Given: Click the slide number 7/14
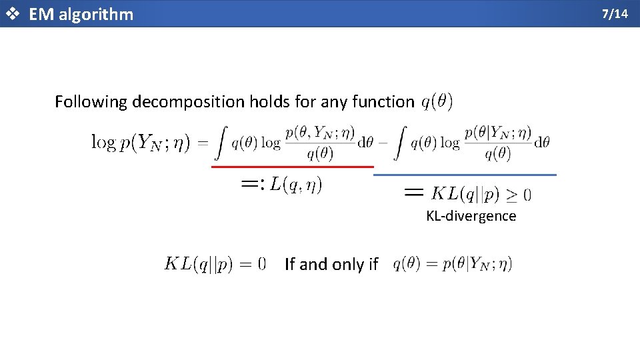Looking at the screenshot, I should tap(615, 13).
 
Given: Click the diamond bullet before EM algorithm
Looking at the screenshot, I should tap(11, 14).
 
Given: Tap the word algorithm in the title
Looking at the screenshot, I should tap(96, 14).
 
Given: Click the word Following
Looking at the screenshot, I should tap(91, 102).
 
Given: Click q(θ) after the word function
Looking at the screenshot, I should tap(437, 101).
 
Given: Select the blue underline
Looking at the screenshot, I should tap(465, 175).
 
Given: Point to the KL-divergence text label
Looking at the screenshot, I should tap(471, 216).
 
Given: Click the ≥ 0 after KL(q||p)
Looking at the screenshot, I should tap(517, 195).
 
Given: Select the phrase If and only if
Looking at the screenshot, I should tap(331, 265).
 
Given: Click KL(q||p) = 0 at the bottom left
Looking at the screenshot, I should tap(215, 264).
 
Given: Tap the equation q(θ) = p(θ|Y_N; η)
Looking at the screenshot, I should tap(453, 264).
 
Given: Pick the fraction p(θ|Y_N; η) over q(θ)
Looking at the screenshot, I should tap(497, 142).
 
